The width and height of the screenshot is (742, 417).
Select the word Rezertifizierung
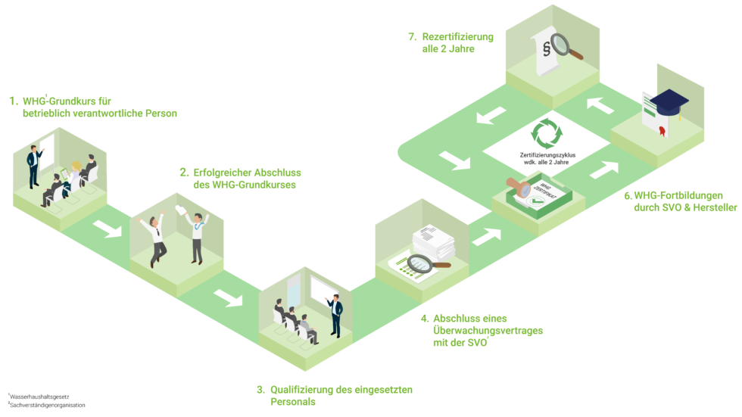click(459, 36)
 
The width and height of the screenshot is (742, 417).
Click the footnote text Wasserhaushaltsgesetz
click(40, 396)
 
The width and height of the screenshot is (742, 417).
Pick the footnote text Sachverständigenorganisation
click(48, 406)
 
